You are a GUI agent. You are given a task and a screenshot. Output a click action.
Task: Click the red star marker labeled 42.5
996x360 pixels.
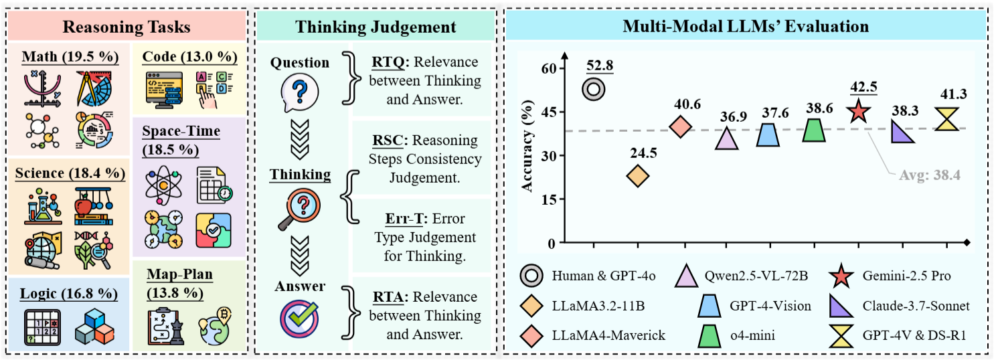(860, 112)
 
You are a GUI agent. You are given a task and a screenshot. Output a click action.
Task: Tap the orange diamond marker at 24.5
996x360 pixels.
(637, 176)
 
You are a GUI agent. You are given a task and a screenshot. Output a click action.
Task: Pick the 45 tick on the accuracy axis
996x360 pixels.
(549, 112)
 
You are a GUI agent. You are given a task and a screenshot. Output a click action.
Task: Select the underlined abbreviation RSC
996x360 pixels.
(388, 141)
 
